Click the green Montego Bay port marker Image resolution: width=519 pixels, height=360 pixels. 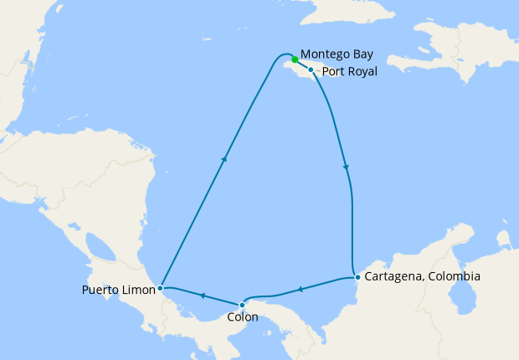coord(295,59)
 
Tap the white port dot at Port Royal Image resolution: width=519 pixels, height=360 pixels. coord(311,70)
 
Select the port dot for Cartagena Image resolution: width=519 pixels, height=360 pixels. coord(357,276)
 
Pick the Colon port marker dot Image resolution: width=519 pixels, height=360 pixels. coord(243,305)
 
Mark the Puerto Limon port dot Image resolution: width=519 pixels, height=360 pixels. coord(160,287)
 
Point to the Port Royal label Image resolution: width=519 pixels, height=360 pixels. coord(349,72)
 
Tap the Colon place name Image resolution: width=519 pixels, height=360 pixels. coord(243,318)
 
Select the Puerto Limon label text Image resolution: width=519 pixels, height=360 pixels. coord(118,291)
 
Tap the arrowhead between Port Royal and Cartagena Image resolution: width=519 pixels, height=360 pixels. coord(346,168)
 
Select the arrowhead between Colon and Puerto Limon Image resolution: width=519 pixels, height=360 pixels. coord(202,296)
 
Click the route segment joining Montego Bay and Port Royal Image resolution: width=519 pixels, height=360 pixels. coord(303,65)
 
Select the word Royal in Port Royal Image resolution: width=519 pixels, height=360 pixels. coord(362,72)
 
